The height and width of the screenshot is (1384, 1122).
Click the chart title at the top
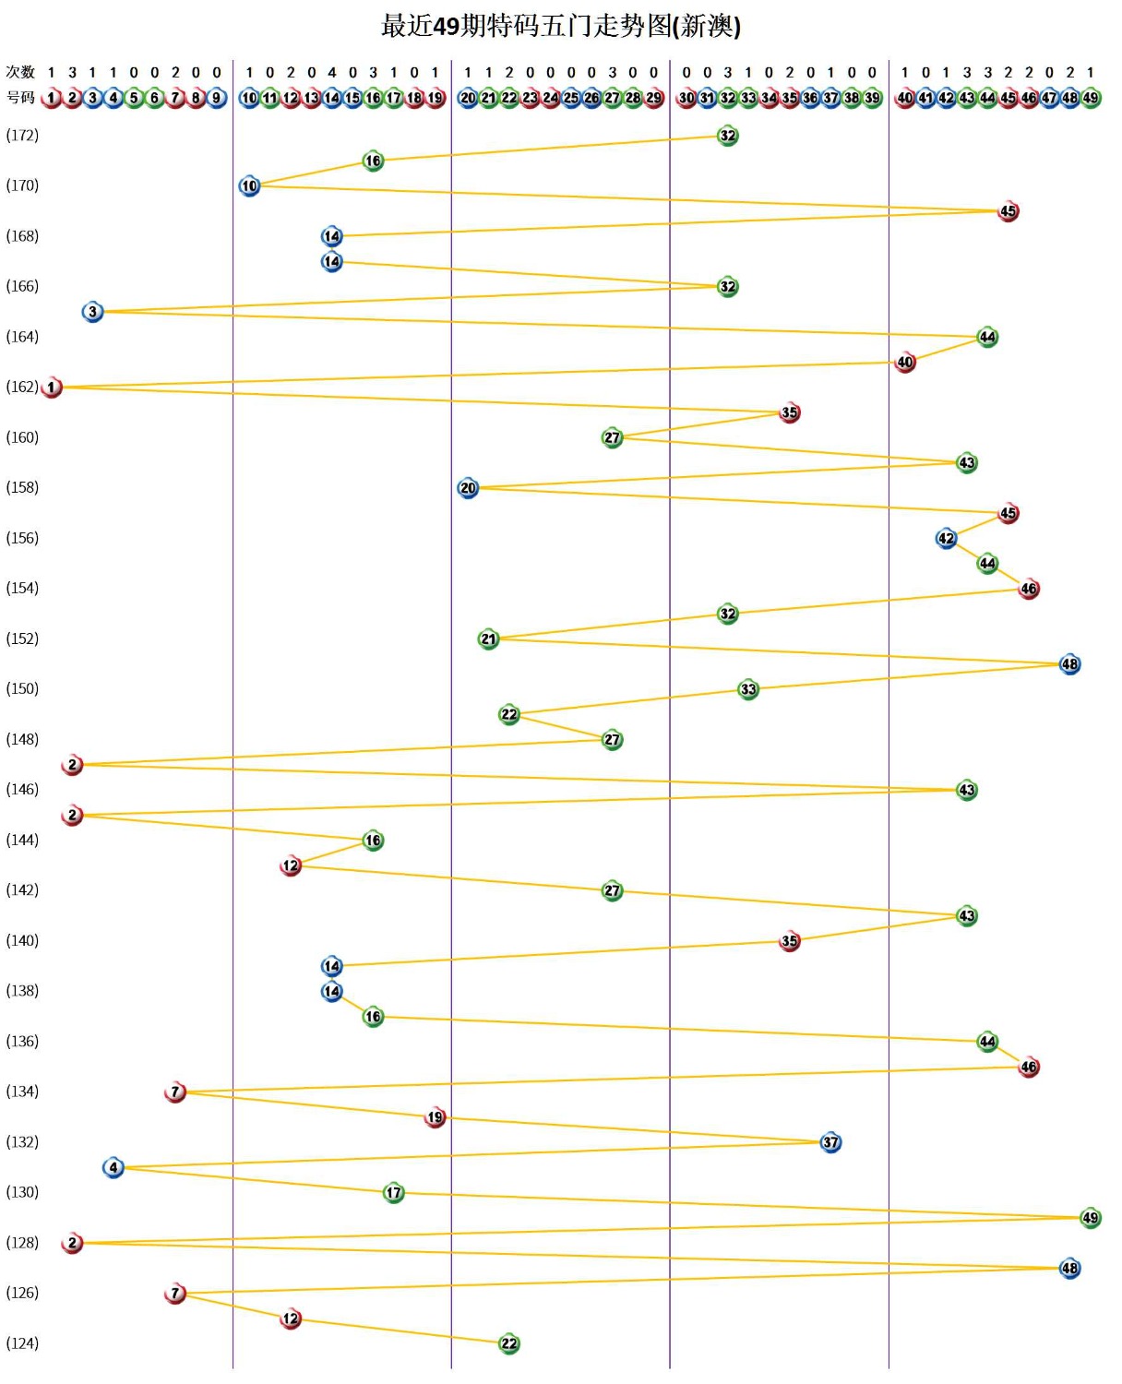(x=561, y=26)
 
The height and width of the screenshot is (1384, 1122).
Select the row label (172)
(x=22, y=136)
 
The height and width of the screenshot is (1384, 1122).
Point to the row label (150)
(x=22, y=689)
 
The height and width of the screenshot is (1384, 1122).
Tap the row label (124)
(x=22, y=1343)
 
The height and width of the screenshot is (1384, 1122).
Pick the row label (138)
(x=22, y=991)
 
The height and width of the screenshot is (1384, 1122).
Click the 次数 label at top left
(x=20, y=72)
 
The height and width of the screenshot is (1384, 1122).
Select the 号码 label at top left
(x=20, y=98)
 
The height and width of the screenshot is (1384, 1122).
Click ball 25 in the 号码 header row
(x=571, y=98)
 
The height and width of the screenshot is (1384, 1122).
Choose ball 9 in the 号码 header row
(x=217, y=98)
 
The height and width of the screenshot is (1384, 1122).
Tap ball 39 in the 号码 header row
(x=872, y=98)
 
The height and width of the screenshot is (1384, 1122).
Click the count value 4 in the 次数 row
(x=332, y=72)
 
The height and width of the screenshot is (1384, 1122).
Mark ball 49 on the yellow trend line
(x=1091, y=1218)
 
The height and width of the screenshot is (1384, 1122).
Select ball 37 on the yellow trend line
(x=830, y=1142)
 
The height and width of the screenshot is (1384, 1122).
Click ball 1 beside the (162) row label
(x=52, y=388)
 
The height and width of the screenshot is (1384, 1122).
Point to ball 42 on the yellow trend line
(x=946, y=538)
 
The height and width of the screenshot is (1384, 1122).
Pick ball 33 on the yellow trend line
(x=748, y=689)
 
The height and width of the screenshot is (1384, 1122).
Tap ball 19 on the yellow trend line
(x=435, y=1117)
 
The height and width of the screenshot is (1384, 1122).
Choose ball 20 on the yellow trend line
(x=468, y=488)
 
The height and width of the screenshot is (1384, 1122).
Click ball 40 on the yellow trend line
(x=905, y=363)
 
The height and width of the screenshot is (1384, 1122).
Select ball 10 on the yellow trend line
(x=249, y=186)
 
